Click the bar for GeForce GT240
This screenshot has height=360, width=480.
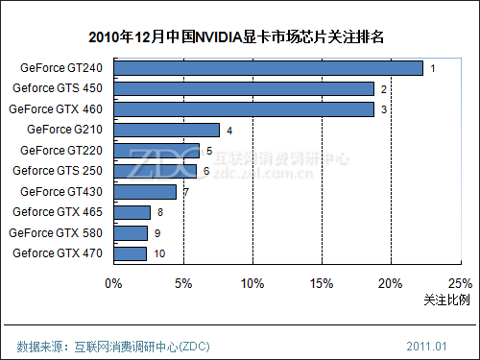coord(268,68)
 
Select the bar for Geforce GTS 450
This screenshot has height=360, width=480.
coord(244,88)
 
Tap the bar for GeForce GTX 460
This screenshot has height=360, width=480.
coord(244,109)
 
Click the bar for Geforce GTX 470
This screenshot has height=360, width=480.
coord(130,253)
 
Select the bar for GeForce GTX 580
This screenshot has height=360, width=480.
coord(131,232)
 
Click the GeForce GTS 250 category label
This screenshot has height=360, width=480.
coord(58,171)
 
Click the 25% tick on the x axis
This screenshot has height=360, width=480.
coord(460,283)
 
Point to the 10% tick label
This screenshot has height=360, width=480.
coord(252,283)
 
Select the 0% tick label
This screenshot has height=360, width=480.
coord(113,283)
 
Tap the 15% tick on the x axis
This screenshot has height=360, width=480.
coord(321,283)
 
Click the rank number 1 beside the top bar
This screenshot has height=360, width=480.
coord(433,68)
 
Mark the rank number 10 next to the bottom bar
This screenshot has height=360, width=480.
coord(159,253)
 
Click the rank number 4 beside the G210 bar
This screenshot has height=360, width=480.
coord(229,130)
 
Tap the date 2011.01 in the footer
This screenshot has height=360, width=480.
coord(426,345)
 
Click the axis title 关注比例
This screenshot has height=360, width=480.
coord(446,300)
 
